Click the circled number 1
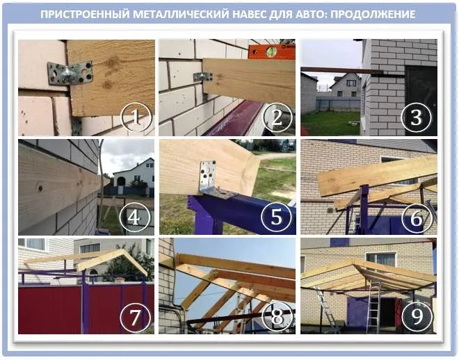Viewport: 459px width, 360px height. [135, 118]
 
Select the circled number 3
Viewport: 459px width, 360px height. [417, 118]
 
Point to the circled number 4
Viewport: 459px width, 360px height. [135, 218]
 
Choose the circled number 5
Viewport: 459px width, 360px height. [276, 218]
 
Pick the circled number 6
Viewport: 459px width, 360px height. [417, 218]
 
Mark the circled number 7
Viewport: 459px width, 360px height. [135, 317]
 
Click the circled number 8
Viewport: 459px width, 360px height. [276, 317]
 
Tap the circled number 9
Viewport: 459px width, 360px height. [417, 317]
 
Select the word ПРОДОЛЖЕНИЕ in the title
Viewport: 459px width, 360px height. [373, 14]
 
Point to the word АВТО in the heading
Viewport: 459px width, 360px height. [309, 14]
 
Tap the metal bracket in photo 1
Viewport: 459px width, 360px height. [70, 73]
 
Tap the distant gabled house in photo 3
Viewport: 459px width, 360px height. [346, 85]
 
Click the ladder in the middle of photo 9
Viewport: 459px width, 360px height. [373, 306]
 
